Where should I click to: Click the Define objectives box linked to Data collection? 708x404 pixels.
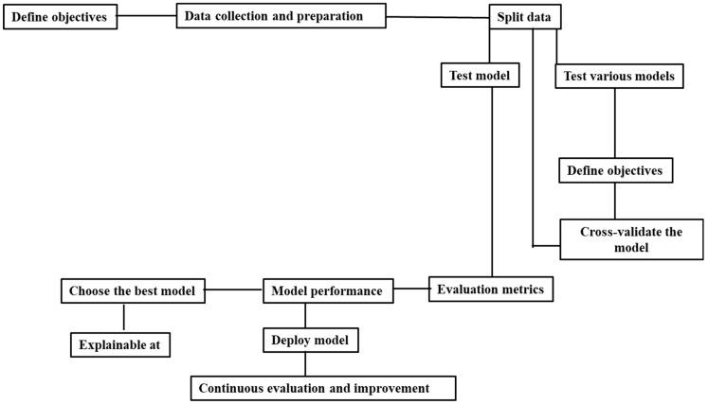pos(61,18)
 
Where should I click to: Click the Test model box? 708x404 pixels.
pos(481,77)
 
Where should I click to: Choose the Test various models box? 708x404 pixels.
pos(617,77)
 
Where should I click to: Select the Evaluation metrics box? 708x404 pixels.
pos(490,290)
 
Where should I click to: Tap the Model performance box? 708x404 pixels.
pos(328,291)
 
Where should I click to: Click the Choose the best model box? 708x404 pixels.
pos(134,291)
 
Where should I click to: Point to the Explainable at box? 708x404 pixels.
pos(121,344)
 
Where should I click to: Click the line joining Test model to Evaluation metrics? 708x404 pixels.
pos(491,180)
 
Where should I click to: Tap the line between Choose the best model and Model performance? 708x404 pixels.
pos(234,290)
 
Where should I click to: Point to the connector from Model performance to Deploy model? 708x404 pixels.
pos(303,315)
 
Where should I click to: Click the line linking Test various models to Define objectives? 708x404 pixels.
pos(616,123)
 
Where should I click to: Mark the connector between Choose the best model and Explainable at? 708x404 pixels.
pos(122,317)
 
